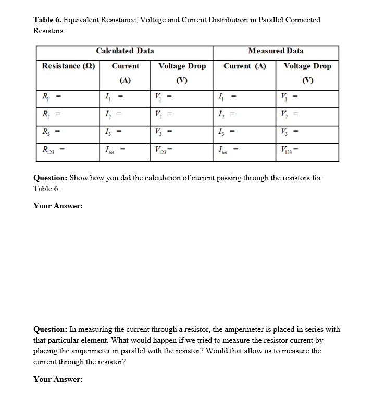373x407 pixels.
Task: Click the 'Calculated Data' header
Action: click(125, 51)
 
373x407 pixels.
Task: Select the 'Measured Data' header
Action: click(276, 51)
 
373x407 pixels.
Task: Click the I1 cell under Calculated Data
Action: click(125, 96)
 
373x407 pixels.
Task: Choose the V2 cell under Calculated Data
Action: click(182, 115)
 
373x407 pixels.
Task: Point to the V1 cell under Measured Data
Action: click(307, 96)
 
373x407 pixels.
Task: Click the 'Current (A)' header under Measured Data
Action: click(244, 66)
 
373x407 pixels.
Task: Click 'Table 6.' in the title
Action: click(47, 20)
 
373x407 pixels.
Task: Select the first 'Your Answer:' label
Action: click(58, 206)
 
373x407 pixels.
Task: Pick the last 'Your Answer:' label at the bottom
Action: click(58, 379)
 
